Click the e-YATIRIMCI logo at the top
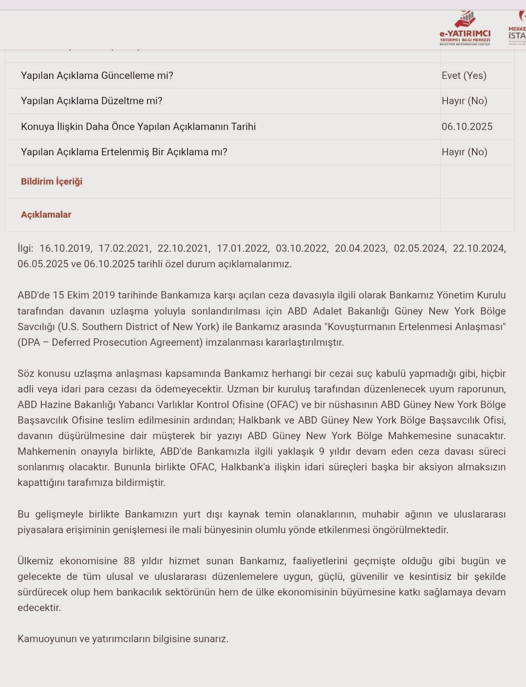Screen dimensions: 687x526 (465, 29)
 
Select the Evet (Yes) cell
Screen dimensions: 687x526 (464, 75)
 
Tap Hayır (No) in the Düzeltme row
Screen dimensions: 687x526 (464, 101)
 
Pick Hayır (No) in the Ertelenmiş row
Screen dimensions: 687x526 (464, 152)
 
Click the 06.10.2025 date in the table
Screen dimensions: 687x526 (467, 127)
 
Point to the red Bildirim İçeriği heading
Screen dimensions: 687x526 (52, 182)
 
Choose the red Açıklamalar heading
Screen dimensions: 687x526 (46, 215)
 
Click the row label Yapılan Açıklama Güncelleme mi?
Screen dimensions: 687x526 (97, 75)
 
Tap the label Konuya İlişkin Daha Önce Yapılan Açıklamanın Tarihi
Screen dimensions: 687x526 (138, 127)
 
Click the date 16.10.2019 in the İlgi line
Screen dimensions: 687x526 (65, 248)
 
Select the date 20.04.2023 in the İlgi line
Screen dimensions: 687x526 (360, 248)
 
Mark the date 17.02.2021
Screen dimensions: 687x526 (124, 248)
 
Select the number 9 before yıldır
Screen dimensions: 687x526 (322, 451)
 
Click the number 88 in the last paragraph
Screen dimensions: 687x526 (129, 561)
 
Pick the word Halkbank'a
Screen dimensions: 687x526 (246, 467)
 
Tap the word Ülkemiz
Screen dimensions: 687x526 (35, 561)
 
